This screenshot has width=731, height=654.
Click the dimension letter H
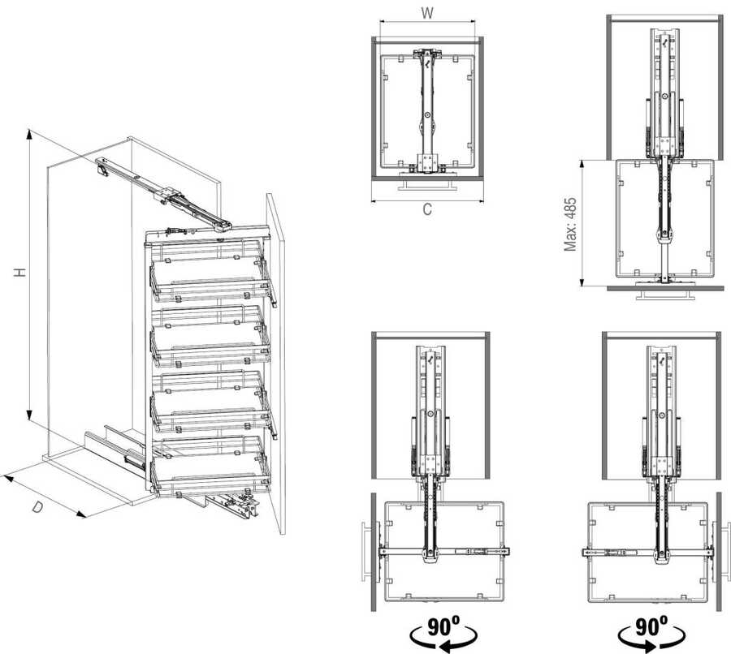(x=20, y=273)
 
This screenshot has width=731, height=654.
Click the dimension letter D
(x=39, y=506)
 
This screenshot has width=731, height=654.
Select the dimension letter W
(x=427, y=13)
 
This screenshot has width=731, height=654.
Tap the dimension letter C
(x=427, y=209)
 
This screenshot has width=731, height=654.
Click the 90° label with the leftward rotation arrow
(x=443, y=633)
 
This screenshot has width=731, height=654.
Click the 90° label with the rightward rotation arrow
(x=651, y=633)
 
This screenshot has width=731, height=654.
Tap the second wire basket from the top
(x=210, y=336)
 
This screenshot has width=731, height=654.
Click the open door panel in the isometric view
(x=275, y=364)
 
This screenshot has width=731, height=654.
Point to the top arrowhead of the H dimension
(x=30, y=134)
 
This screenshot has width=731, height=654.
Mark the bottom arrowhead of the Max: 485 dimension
(x=582, y=282)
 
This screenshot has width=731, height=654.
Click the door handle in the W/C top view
(x=427, y=186)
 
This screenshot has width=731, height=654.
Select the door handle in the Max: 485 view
(x=667, y=295)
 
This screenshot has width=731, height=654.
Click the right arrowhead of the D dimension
(x=81, y=514)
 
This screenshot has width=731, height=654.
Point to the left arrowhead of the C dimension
(x=374, y=201)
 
